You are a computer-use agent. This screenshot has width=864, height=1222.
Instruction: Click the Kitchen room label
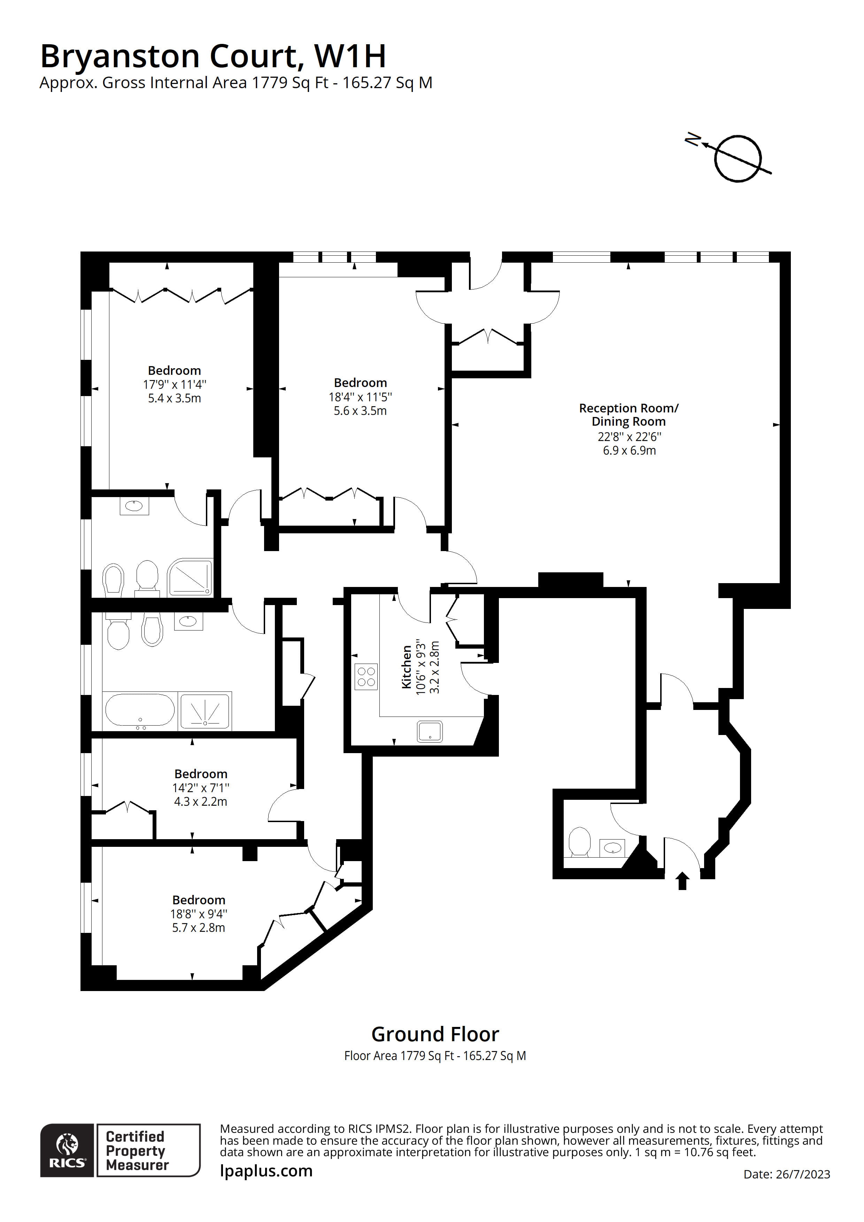pos(407,667)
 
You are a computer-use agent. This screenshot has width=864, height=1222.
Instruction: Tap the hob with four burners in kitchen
pos(366,676)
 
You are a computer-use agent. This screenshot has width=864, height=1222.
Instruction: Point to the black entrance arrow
pos(682,881)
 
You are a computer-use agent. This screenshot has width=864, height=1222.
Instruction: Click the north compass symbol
pos(737,158)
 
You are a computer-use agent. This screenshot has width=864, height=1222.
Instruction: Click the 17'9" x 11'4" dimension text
pos(175,384)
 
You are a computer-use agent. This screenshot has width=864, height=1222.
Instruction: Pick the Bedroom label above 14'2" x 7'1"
pos(201,774)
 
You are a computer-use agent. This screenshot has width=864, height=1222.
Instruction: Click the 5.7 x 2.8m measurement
pos(199,928)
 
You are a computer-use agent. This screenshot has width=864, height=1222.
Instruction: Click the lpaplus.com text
pos(266,1170)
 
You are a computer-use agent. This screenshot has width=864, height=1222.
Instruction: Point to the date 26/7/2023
pos(787,1174)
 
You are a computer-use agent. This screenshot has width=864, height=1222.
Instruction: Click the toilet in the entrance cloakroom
pos(580,842)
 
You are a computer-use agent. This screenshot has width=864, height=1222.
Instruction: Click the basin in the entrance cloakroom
pos(612,848)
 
